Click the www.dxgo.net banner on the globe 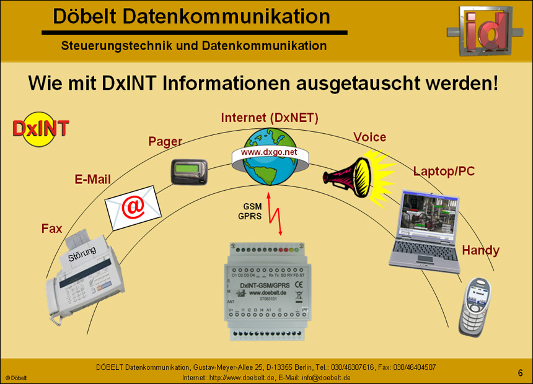(269, 152)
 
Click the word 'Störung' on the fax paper (82, 254)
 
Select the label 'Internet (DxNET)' (270, 118)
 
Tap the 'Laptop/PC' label (444, 171)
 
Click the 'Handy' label (480, 250)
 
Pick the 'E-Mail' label (92, 180)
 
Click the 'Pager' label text (165, 141)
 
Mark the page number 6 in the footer (521, 372)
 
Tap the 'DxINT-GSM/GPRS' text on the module (268, 284)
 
